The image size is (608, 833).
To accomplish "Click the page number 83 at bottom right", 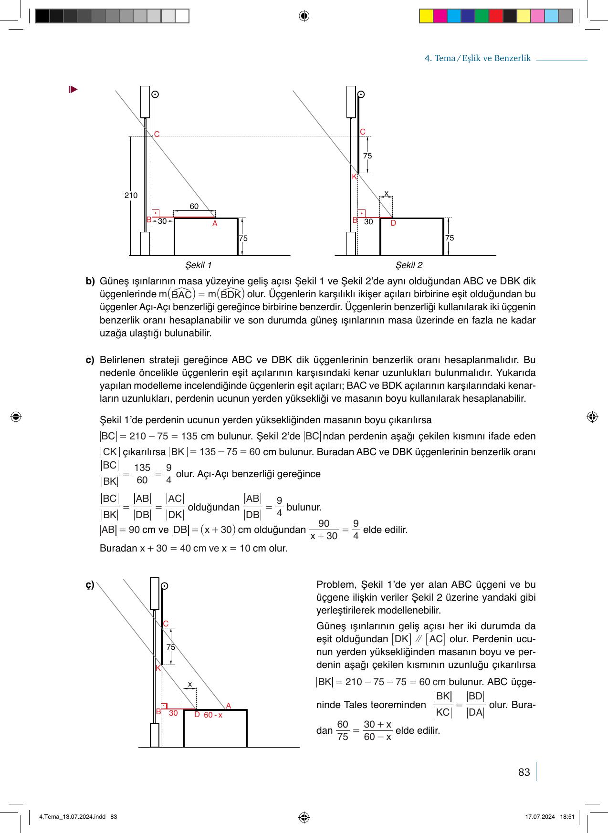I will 524,772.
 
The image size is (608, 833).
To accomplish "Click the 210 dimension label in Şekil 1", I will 131,196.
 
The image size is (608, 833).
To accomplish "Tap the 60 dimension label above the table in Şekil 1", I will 194,206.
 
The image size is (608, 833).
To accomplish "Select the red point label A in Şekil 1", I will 215,224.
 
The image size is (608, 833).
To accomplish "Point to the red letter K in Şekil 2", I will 354,177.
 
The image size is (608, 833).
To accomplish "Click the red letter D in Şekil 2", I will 393,223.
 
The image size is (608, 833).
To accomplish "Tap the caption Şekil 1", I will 198,265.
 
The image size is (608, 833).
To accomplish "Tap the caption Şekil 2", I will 409,265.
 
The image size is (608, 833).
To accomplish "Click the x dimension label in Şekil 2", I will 386,193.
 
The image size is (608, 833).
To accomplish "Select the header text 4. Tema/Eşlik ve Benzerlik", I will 477,58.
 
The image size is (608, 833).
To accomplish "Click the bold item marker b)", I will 90,281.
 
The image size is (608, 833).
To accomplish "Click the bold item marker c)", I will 90,360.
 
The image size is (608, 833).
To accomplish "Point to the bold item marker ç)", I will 90,585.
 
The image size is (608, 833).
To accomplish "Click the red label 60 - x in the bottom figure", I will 213,715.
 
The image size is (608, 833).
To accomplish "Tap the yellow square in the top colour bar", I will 426,16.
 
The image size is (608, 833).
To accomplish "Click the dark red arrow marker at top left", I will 73,89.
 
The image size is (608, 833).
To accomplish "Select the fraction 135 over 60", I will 142,474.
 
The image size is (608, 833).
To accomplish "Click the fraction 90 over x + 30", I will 324,530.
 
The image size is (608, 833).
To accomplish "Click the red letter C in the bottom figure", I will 166,624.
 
